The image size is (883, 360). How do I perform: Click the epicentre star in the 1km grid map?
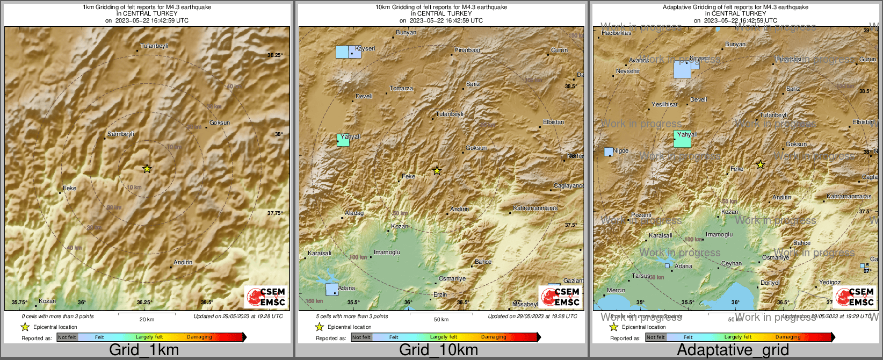(x=147, y=169)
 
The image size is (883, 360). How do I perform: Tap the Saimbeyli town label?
(x=121, y=134)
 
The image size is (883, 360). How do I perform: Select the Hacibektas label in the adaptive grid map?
(x=617, y=33)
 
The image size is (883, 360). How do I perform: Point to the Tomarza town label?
(x=401, y=88)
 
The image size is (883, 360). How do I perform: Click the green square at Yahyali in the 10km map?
(x=343, y=140)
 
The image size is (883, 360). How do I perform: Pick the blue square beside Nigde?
(x=609, y=152)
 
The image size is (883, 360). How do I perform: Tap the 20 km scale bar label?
(x=147, y=319)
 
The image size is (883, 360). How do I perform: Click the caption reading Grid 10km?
(x=438, y=350)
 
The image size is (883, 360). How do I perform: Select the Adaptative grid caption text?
(x=733, y=350)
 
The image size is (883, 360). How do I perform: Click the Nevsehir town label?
(x=628, y=71)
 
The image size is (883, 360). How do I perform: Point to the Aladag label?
(x=354, y=213)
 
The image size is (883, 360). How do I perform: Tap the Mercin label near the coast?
(x=616, y=290)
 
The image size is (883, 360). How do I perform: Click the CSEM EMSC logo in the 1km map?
(x=265, y=297)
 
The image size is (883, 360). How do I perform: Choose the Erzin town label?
(x=440, y=294)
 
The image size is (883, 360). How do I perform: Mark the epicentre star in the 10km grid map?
(x=437, y=171)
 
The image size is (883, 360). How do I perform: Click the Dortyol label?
(x=770, y=283)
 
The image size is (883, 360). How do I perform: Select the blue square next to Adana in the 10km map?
(x=332, y=289)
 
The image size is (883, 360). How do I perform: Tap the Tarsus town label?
(x=641, y=276)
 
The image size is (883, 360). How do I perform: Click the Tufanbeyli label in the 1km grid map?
(x=154, y=46)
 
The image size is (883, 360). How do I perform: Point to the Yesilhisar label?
(x=664, y=104)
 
